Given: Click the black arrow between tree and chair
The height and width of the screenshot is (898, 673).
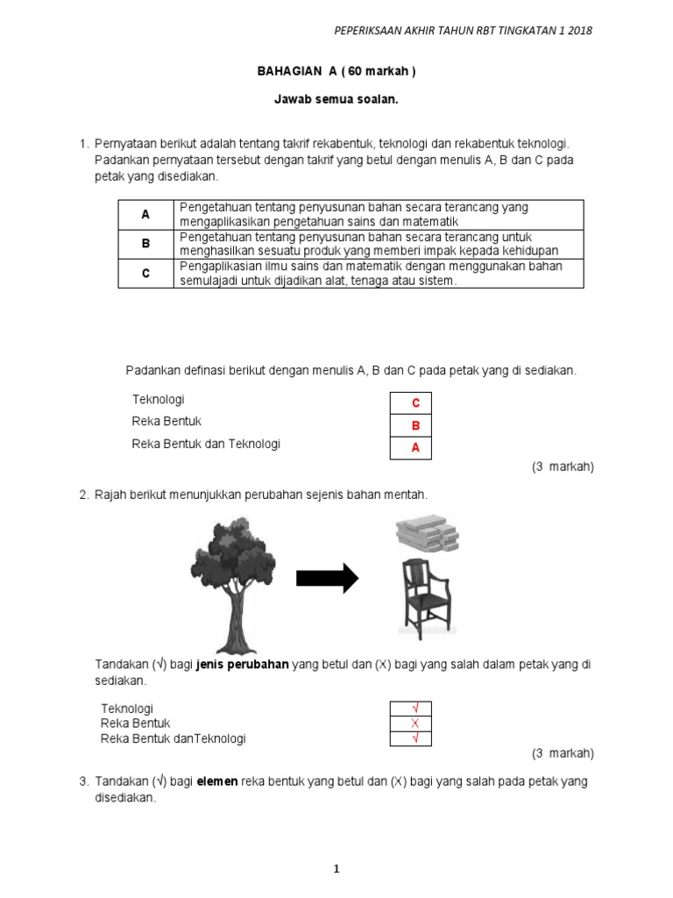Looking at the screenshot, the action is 328,579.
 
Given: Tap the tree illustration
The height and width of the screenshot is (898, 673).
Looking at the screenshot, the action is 233,585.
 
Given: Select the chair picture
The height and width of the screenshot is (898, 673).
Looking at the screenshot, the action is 427,599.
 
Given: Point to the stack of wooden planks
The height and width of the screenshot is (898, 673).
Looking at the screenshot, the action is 428,533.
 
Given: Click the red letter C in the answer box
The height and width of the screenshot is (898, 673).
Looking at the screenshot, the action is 416,403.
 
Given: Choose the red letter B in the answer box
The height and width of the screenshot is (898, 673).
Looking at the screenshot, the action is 416,425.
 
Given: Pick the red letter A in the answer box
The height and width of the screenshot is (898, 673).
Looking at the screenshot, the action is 416,447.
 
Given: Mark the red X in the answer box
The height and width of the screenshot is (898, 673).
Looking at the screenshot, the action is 414,723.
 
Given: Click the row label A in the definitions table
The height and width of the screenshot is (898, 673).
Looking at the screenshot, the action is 145,215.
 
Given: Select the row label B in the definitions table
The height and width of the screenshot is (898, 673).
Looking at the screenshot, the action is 146,244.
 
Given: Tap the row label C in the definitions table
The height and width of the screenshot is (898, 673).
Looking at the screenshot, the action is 146,274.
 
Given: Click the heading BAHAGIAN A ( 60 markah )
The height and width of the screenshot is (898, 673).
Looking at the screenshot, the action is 336,71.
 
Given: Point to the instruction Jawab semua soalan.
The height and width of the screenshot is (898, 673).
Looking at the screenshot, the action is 336,99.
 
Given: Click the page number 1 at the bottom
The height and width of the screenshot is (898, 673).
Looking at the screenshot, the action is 336,869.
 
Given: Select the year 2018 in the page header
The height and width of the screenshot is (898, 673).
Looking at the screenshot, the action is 580,31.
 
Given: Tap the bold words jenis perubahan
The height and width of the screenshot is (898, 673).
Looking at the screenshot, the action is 243,665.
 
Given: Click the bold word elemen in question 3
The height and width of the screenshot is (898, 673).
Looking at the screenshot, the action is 217,781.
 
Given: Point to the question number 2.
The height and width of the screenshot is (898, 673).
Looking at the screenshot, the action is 84,495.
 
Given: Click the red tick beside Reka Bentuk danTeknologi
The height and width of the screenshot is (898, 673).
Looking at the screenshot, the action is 415,738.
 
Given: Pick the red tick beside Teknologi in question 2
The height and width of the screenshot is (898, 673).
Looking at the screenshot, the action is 415,708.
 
